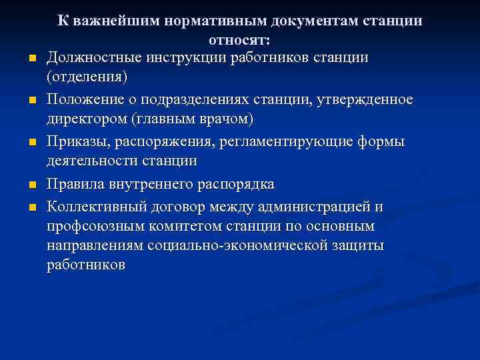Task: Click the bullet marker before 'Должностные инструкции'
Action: pyautogui.click(x=32, y=60)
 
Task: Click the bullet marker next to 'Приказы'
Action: pyautogui.click(x=32, y=143)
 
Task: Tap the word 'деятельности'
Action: pyautogui.click(x=93, y=161)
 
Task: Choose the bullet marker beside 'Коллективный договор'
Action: pyautogui.click(x=32, y=207)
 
